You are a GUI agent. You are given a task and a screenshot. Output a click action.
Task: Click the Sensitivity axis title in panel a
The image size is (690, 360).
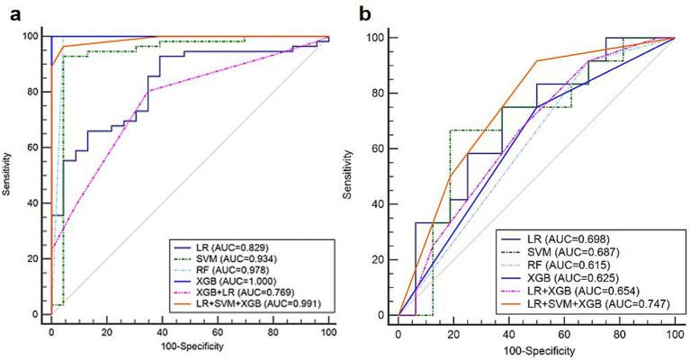tap(9, 175)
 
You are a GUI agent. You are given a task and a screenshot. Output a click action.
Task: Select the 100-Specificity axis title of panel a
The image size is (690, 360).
tap(190, 348)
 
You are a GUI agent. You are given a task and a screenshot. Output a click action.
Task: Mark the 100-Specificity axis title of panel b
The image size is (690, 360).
tap(537, 349)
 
